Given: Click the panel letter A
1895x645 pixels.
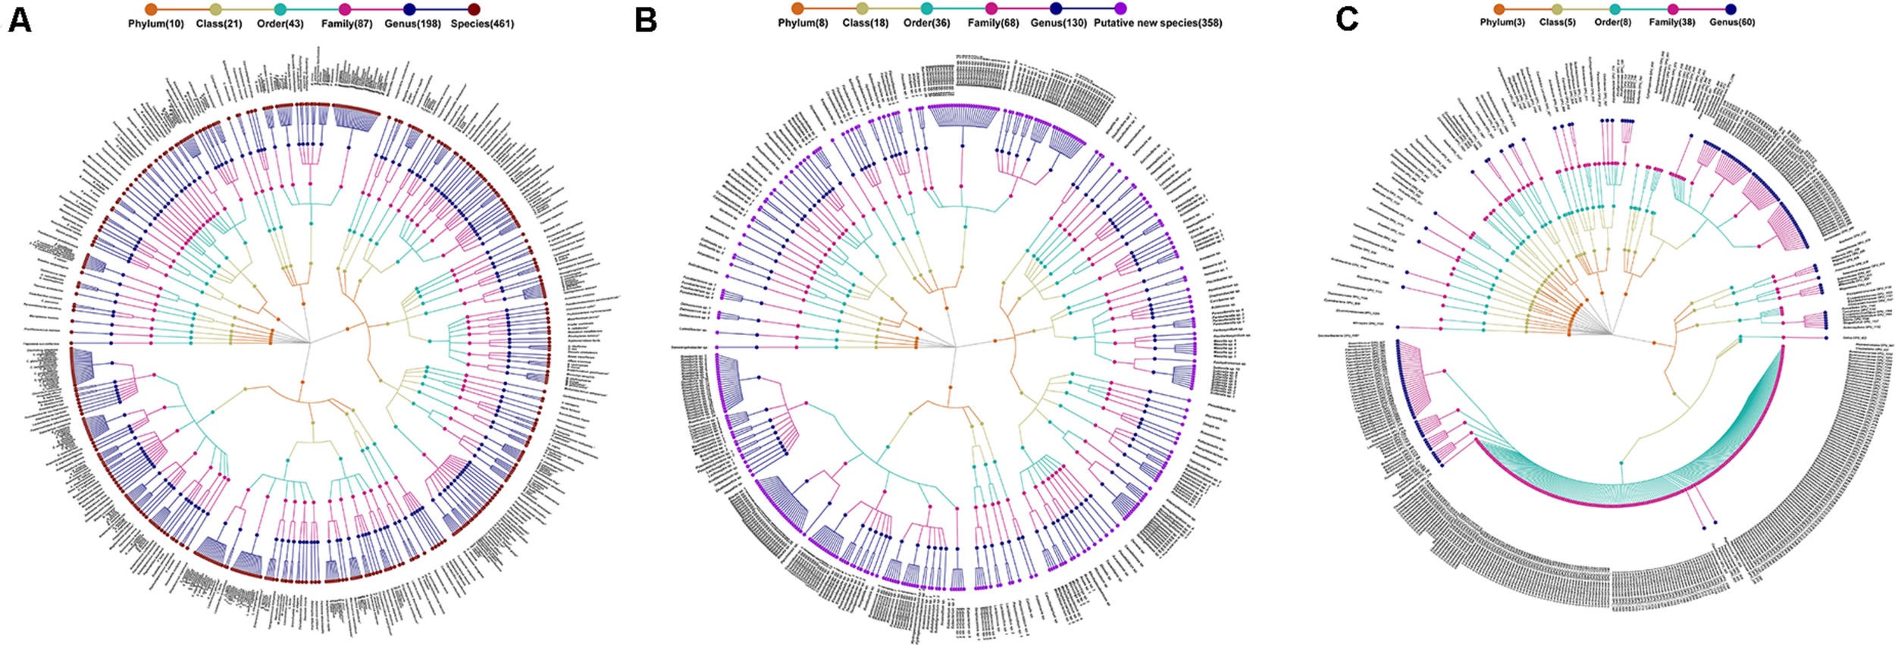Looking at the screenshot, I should tap(20, 20).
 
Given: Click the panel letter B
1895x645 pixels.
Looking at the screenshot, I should tap(645, 20).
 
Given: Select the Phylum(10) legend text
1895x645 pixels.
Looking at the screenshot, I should tap(155, 24).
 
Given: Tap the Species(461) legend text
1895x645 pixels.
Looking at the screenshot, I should tap(482, 24).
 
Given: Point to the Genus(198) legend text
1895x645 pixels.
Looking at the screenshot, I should tap(412, 24).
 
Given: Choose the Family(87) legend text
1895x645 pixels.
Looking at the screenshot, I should tap(346, 24).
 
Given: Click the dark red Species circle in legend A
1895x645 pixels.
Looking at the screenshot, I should tap(475, 9).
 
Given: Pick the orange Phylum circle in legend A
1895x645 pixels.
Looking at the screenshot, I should tap(151, 9).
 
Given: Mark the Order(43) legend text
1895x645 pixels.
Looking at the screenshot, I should tap(280, 24).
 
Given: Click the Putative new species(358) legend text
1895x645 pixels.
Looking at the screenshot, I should tap(1157, 23).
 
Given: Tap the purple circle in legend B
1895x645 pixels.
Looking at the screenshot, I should tap(1120, 8).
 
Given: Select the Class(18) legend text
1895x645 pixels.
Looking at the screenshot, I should tap(865, 23).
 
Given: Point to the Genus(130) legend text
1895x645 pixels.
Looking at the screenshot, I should tap(1058, 23).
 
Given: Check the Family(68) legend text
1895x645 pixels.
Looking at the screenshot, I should tap(993, 23).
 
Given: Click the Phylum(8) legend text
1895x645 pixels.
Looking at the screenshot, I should tap(803, 23).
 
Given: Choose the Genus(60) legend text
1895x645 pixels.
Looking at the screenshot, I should tap(1732, 23).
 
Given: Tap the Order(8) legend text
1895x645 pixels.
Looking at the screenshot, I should tap(1613, 23).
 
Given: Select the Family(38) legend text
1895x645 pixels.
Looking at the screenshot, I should tap(1672, 23).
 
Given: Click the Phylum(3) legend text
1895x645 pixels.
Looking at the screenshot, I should tap(1502, 23).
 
